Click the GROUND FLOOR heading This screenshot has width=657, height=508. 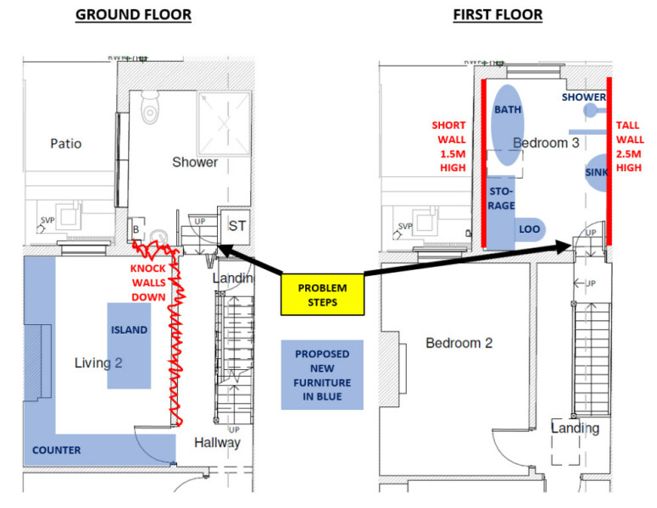(133, 14)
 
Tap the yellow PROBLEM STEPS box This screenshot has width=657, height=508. (322, 295)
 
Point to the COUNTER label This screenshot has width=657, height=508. (57, 450)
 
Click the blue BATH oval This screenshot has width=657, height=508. (508, 124)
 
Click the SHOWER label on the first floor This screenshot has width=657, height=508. (582, 97)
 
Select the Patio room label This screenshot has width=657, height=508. (65, 143)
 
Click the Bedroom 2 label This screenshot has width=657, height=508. (459, 343)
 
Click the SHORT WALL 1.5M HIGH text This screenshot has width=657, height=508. (448, 146)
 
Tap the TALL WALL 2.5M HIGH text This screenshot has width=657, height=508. (629, 146)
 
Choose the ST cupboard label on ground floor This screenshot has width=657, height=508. (237, 226)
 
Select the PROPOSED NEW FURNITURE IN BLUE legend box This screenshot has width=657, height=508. (322, 375)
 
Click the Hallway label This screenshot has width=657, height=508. (217, 442)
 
